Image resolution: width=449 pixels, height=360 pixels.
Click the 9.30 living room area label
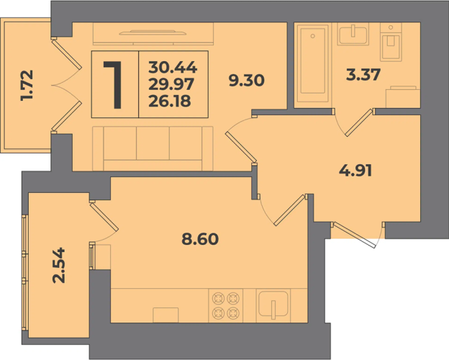[246, 81]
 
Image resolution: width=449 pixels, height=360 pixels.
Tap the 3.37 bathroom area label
[363, 75]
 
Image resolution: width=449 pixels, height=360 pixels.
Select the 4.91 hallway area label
[355, 171]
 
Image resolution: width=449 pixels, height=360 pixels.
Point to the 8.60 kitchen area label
[200, 239]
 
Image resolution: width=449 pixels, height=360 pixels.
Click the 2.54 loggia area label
[59, 266]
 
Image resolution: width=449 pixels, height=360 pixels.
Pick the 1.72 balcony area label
[27, 85]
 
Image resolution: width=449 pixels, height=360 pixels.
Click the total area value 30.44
[173, 68]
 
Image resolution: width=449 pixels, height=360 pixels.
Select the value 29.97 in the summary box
[171, 84]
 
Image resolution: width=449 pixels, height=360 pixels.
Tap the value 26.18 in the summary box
[170, 102]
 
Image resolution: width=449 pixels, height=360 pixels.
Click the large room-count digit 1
[114, 85]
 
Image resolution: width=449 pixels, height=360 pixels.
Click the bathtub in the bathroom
[313, 63]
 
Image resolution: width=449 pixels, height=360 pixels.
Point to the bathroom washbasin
[353, 34]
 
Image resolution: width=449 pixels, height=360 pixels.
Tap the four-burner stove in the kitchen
[226, 305]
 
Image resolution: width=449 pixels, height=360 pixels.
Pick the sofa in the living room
[153, 148]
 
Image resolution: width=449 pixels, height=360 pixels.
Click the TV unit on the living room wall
[153, 34]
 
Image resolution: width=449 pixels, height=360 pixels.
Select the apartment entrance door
[355, 235]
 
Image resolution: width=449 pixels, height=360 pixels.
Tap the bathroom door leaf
[359, 122]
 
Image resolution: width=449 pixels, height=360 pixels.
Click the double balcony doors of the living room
[66, 85]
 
